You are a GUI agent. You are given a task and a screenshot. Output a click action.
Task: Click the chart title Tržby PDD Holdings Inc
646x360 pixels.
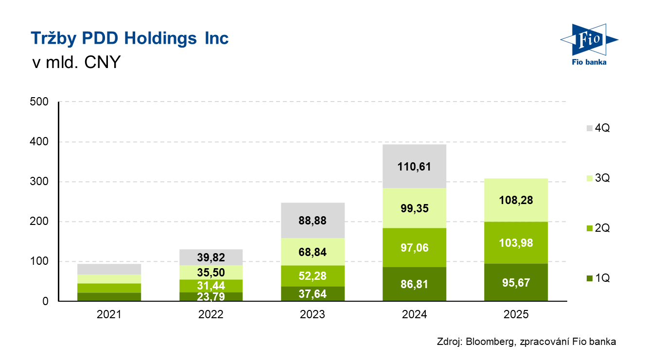tap(129, 38)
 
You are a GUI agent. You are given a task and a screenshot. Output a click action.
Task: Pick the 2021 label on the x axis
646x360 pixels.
tap(109, 315)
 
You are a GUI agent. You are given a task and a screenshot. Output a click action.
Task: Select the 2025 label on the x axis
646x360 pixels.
tap(516, 315)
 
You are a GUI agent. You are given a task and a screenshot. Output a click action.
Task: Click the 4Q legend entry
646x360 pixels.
tap(598, 129)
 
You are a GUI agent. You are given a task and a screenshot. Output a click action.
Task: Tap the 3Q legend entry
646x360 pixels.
tap(598, 179)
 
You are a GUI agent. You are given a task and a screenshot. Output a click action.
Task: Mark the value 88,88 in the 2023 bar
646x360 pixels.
tap(313, 221)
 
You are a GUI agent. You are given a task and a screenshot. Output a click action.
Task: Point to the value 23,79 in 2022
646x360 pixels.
tap(211, 296)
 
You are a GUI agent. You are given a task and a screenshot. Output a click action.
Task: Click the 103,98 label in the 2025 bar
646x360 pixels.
tap(516, 242)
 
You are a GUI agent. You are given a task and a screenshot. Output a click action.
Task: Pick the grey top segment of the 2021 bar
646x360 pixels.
tap(109, 269)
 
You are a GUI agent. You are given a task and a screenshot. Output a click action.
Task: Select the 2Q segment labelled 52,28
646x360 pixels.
tap(313, 276)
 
